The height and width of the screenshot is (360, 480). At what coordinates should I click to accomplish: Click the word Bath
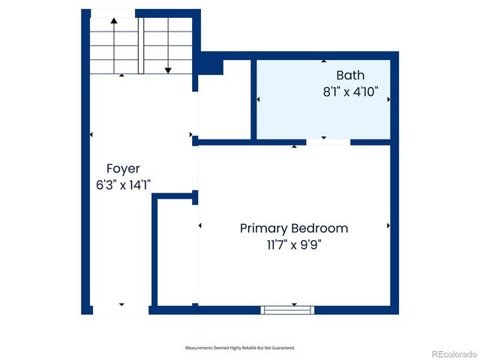(x=350, y=75)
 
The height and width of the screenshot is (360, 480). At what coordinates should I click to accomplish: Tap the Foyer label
(x=122, y=169)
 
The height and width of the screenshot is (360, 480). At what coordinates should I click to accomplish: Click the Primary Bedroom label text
(x=293, y=228)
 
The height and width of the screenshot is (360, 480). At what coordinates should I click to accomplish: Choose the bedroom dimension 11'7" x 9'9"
(x=293, y=244)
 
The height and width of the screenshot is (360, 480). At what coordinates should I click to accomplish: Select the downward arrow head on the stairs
(x=168, y=70)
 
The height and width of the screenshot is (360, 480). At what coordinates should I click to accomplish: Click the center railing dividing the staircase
(x=140, y=45)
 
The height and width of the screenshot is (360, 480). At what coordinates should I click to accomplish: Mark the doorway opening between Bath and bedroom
(x=328, y=142)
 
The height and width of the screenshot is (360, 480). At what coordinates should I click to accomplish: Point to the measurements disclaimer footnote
(x=240, y=348)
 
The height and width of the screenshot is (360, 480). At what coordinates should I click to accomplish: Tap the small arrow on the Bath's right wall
(x=388, y=99)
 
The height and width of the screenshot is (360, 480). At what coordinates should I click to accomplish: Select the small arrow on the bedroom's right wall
(x=388, y=225)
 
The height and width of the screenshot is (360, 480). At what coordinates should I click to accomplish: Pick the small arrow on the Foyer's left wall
(x=91, y=135)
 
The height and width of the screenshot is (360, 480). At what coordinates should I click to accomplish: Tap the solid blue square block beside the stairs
(x=211, y=65)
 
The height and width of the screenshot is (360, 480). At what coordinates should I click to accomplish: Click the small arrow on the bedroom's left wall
(x=200, y=225)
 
